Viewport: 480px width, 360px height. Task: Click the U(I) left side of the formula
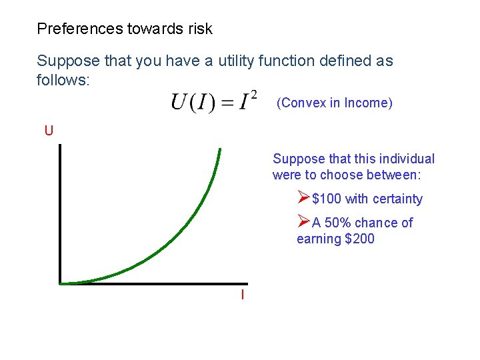pos(193,103)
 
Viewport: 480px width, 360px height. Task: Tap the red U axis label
pos(49,131)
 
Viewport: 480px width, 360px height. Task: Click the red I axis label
pos(242,295)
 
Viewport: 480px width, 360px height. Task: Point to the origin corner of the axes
pos(61,283)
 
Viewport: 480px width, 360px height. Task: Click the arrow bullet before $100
pos(303,198)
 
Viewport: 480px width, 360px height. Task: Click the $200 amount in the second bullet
pos(359,239)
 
